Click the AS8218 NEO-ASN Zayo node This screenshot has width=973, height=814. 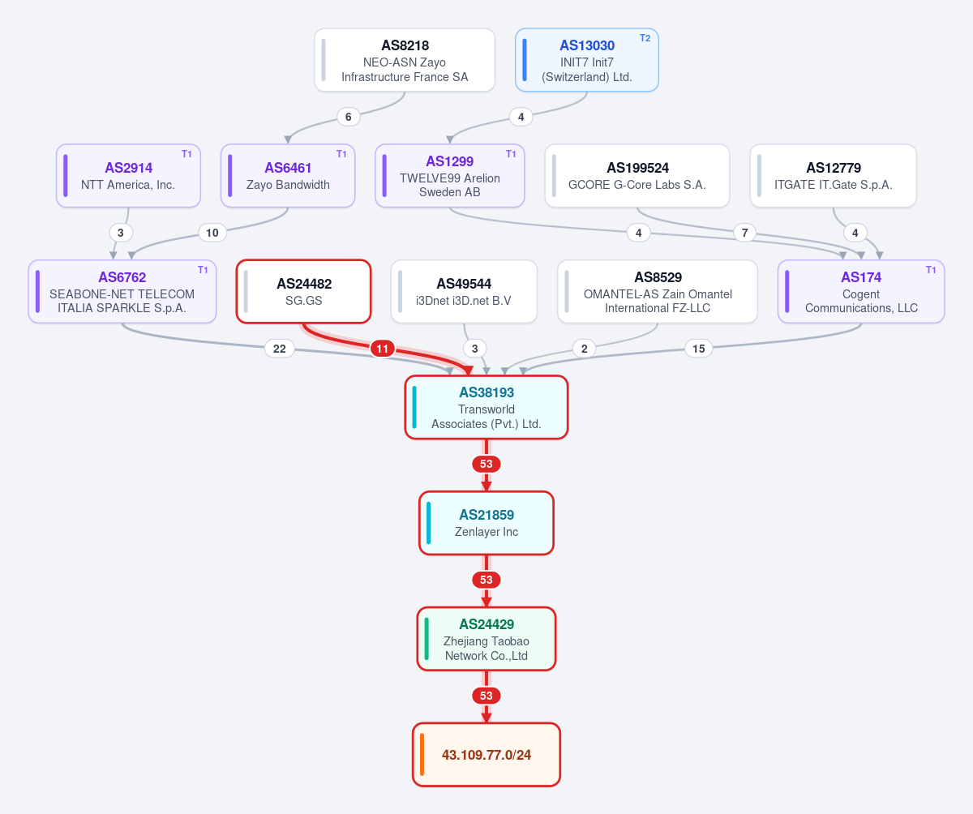405,60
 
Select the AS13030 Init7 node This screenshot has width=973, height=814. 587,60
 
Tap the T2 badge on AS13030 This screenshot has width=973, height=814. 645,38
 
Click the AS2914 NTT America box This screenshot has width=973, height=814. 128,176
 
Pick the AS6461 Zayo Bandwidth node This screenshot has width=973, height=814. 288,176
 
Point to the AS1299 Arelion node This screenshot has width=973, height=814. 450,176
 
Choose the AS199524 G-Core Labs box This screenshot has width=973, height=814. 637,176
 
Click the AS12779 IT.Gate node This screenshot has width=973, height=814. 834,176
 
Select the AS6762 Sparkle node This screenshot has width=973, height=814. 122,292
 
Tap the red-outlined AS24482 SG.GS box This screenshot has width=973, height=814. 303,292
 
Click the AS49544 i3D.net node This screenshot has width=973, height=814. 464,292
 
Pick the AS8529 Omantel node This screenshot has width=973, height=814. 658,292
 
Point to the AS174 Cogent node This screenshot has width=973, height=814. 861,292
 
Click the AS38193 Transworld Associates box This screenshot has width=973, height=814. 486,407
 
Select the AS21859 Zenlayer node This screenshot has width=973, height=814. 486,523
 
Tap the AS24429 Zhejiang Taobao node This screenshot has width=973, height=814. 486,639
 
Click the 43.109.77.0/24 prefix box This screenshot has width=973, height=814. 486,755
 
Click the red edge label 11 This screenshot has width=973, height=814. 383,349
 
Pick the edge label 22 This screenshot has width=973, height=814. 280,349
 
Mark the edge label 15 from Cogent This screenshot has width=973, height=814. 698,349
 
